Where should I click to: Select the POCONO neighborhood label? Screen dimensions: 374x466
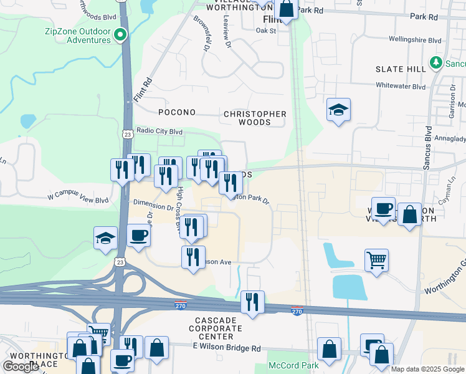click(177, 113)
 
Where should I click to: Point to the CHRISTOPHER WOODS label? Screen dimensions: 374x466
click(255, 118)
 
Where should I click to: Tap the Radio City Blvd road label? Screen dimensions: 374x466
click(159, 132)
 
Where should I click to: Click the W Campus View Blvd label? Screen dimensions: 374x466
click(78, 200)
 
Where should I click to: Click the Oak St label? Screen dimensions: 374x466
click(265, 30)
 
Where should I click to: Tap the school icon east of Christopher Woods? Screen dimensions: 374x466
click(339, 110)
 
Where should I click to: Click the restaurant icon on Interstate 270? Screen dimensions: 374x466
click(252, 302)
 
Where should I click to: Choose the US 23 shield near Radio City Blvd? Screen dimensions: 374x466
click(127, 134)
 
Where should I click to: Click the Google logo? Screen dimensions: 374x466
click(21, 367)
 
